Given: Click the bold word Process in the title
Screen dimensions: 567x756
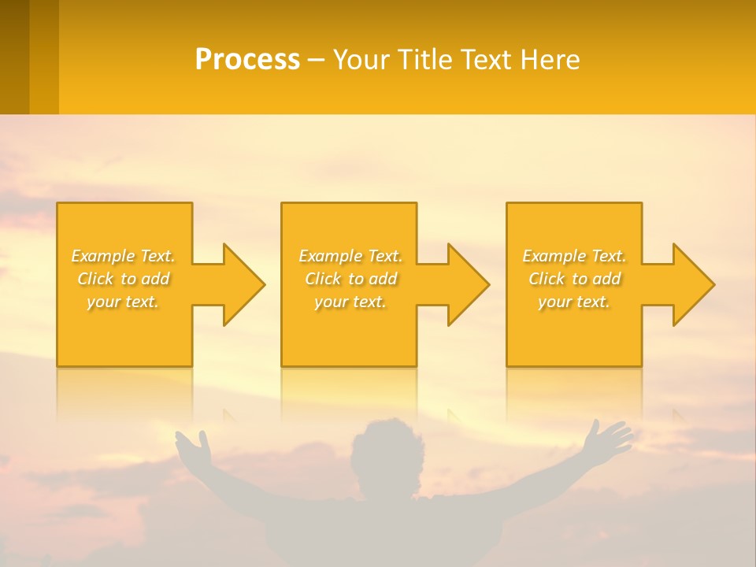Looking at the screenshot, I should tap(247, 59).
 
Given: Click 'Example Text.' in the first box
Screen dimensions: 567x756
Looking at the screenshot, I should tap(123, 256).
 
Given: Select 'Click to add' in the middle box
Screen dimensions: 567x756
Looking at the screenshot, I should tap(350, 279).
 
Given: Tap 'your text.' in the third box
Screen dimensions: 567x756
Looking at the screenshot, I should tap(574, 302).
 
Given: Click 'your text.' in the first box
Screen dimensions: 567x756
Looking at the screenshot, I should tap(123, 302).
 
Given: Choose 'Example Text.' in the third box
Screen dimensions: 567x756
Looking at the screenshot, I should tap(574, 256).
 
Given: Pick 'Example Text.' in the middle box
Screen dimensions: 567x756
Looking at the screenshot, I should tap(350, 256).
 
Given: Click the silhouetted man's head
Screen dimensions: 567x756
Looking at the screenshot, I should tap(385, 453).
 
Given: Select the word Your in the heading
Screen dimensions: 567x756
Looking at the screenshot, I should tap(360, 59).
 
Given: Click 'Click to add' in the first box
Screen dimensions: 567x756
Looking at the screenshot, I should tap(123, 279).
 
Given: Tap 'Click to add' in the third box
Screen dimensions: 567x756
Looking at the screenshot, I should tap(574, 279).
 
